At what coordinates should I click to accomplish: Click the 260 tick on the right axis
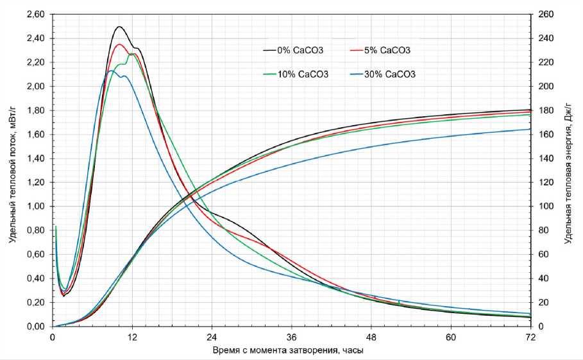coord(545,14)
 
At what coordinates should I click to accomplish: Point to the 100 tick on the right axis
coord(545,207)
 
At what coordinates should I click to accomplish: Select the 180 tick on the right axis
coord(545,110)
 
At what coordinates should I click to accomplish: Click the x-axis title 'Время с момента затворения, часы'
coord(292,351)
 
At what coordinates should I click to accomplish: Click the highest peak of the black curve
coord(119,27)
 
